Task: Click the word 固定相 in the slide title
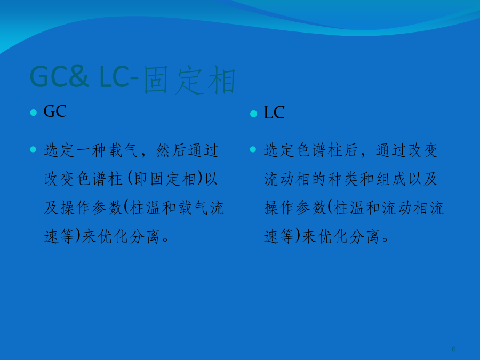click(189, 79)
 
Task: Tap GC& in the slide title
click(59, 76)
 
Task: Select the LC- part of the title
click(118, 76)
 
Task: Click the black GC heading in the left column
click(55, 111)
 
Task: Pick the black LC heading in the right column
click(274, 113)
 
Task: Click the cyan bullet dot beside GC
click(34, 113)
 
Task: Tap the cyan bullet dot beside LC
click(253, 114)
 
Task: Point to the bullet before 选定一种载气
click(34, 149)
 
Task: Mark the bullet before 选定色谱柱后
click(253, 149)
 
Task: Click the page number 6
click(454, 349)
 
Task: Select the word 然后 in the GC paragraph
click(171, 150)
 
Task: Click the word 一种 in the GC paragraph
click(91, 150)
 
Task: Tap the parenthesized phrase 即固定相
click(165, 179)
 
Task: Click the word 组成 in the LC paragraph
click(391, 179)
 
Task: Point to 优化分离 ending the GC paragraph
click(121, 236)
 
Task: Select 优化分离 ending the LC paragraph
click(341, 236)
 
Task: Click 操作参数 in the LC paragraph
click(295, 208)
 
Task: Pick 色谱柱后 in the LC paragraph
click(327, 150)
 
